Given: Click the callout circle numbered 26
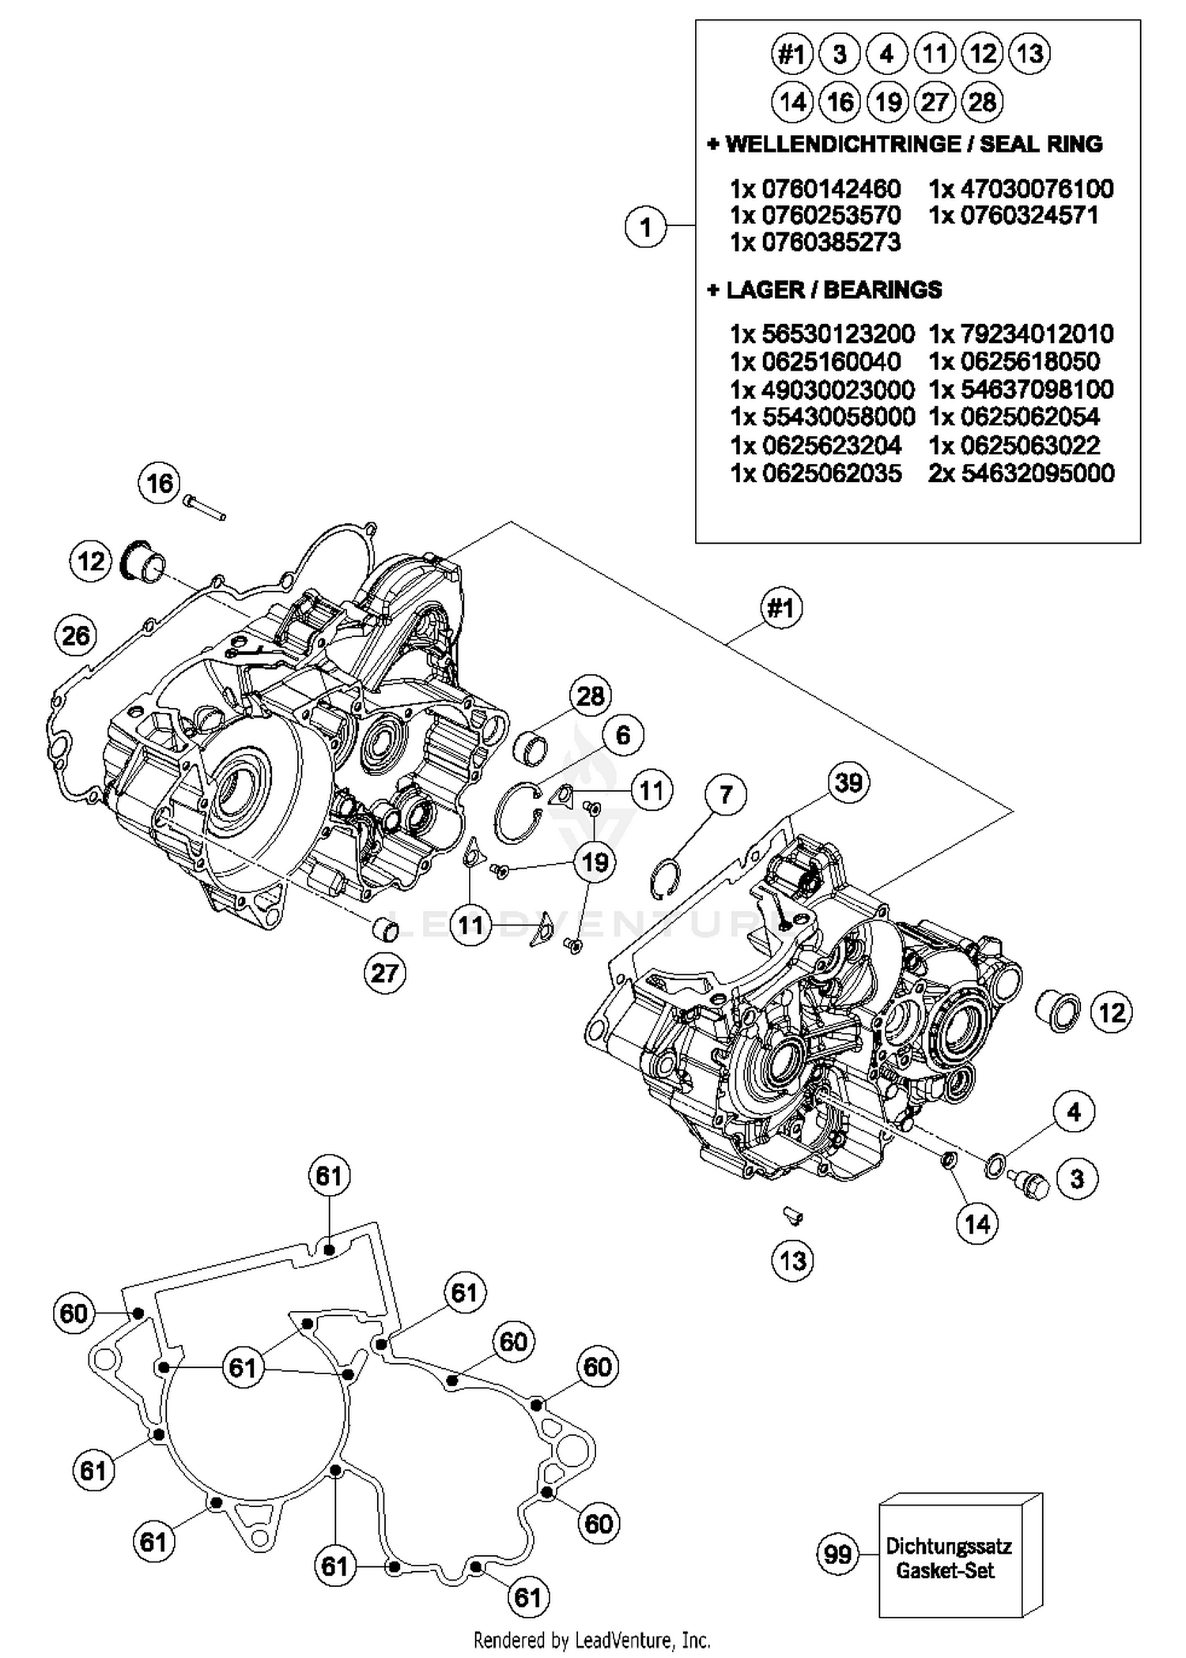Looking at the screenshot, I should click(76, 635).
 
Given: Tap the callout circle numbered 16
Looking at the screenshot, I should click(160, 483).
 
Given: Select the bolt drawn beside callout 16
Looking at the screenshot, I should click(205, 507).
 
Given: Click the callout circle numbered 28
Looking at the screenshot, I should click(591, 696).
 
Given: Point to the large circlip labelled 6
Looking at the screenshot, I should click(517, 812).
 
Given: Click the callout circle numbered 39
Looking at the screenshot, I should click(848, 782).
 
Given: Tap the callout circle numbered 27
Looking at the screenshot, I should click(384, 973).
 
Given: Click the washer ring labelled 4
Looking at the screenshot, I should click(995, 1165).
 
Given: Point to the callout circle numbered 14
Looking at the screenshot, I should click(977, 1224).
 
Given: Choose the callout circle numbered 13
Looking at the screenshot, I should click(792, 1260).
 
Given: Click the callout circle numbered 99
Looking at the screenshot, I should click(837, 1555).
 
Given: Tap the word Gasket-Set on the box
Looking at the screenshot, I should click(945, 1571).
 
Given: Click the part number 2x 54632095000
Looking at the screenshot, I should click(1022, 473).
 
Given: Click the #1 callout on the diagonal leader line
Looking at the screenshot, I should click(781, 609).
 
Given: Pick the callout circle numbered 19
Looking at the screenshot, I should click(595, 861).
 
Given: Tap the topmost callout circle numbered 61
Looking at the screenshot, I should click(329, 1176).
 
